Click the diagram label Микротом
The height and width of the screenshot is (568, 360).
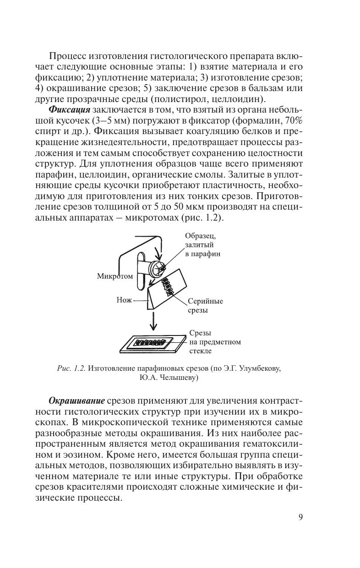tap(115, 276)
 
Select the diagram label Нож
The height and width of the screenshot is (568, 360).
tap(124, 301)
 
